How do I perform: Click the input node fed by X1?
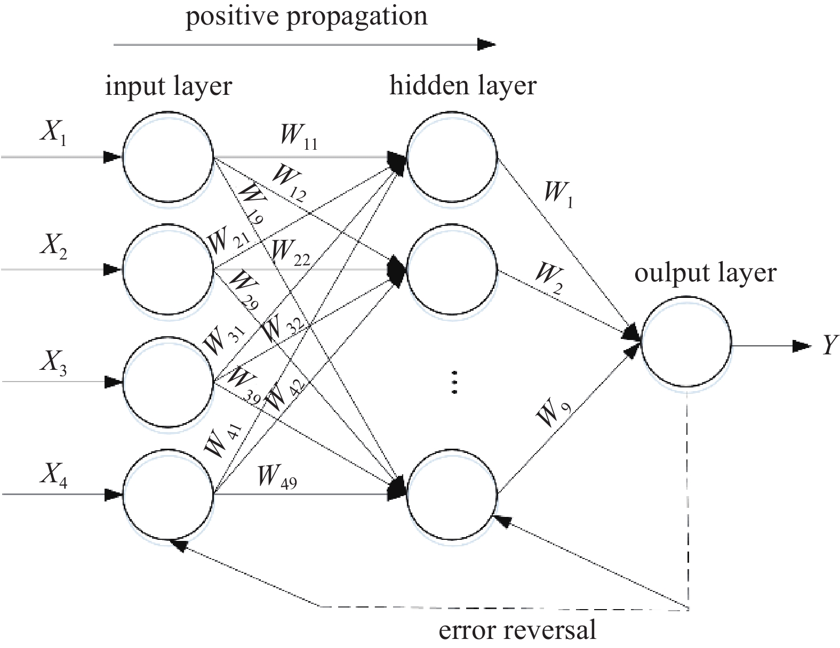point(169,157)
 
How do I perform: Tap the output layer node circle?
point(687,341)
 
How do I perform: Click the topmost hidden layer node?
point(452,157)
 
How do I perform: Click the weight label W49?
point(277,476)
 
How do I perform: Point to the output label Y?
point(829,345)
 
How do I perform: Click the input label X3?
point(53,363)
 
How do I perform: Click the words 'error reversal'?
point(517,630)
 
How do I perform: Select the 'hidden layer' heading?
point(463,85)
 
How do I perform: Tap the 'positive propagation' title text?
point(306,16)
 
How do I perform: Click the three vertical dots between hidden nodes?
point(454,382)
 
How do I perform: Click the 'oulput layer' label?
point(705,273)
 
